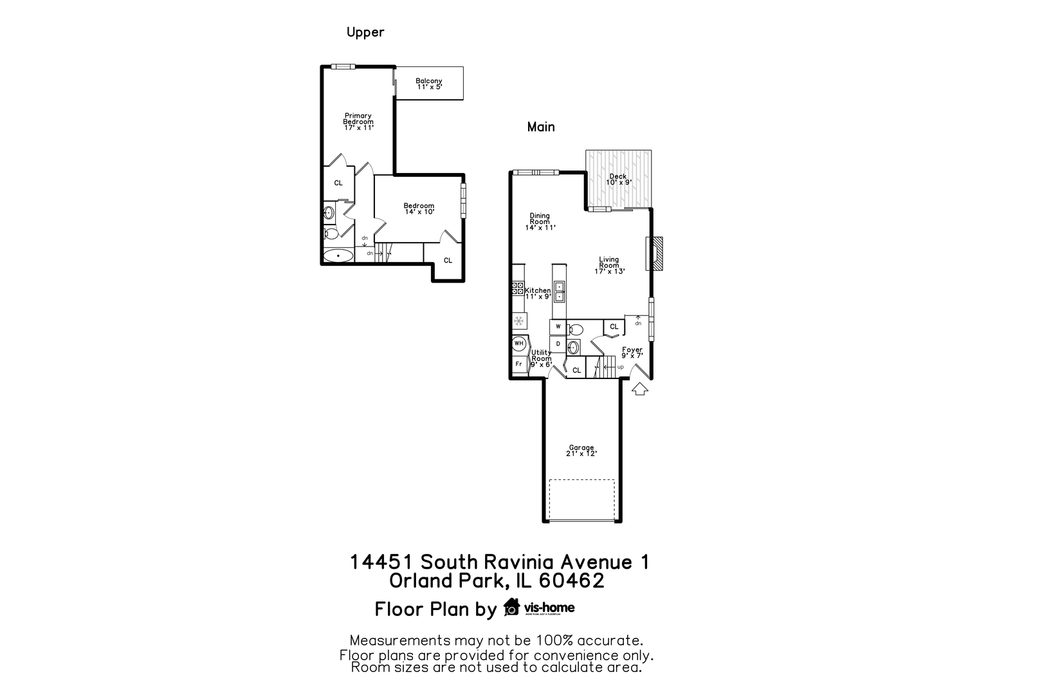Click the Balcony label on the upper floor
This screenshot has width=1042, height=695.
[x=428, y=81]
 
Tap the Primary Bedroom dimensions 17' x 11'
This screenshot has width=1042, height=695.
[x=359, y=127]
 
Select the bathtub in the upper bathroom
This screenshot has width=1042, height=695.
[x=338, y=256]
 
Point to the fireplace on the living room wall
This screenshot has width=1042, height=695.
[x=655, y=253]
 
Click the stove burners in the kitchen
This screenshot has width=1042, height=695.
[x=518, y=288]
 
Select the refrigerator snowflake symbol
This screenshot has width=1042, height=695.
[x=518, y=320]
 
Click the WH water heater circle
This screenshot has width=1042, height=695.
[x=518, y=343]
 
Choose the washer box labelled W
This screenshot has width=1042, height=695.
[x=558, y=327]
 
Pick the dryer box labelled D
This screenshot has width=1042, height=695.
[x=558, y=344]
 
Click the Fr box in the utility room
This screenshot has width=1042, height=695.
[x=518, y=364]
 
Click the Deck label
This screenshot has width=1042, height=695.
[x=618, y=176]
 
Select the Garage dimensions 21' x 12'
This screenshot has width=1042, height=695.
[x=581, y=454]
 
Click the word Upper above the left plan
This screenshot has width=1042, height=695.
[x=365, y=32]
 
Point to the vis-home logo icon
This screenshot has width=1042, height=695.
[x=512, y=607]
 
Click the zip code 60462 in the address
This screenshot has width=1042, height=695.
[x=571, y=581]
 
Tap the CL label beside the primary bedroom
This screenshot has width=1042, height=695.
[x=338, y=183]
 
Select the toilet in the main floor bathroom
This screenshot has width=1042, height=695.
[x=576, y=329]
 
